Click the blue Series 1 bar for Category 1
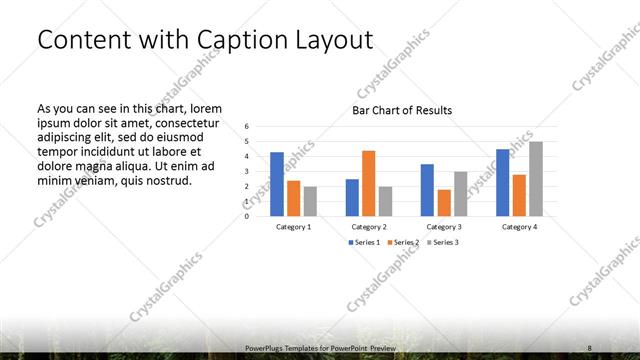coord(277,184)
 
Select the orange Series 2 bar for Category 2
coord(368,183)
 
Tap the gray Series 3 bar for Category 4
coord(536,179)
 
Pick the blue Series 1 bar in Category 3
coord(427,190)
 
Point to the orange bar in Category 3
coord(444,202)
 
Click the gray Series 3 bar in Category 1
coord(310,201)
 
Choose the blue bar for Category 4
coord(502,183)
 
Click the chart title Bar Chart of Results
coord(401,111)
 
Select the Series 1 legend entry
coord(364,243)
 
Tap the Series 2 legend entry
coord(402,243)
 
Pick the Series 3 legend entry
coord(440,243)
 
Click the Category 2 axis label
coord(369,227)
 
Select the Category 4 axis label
coord(519,227)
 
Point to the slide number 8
coord(589,348)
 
